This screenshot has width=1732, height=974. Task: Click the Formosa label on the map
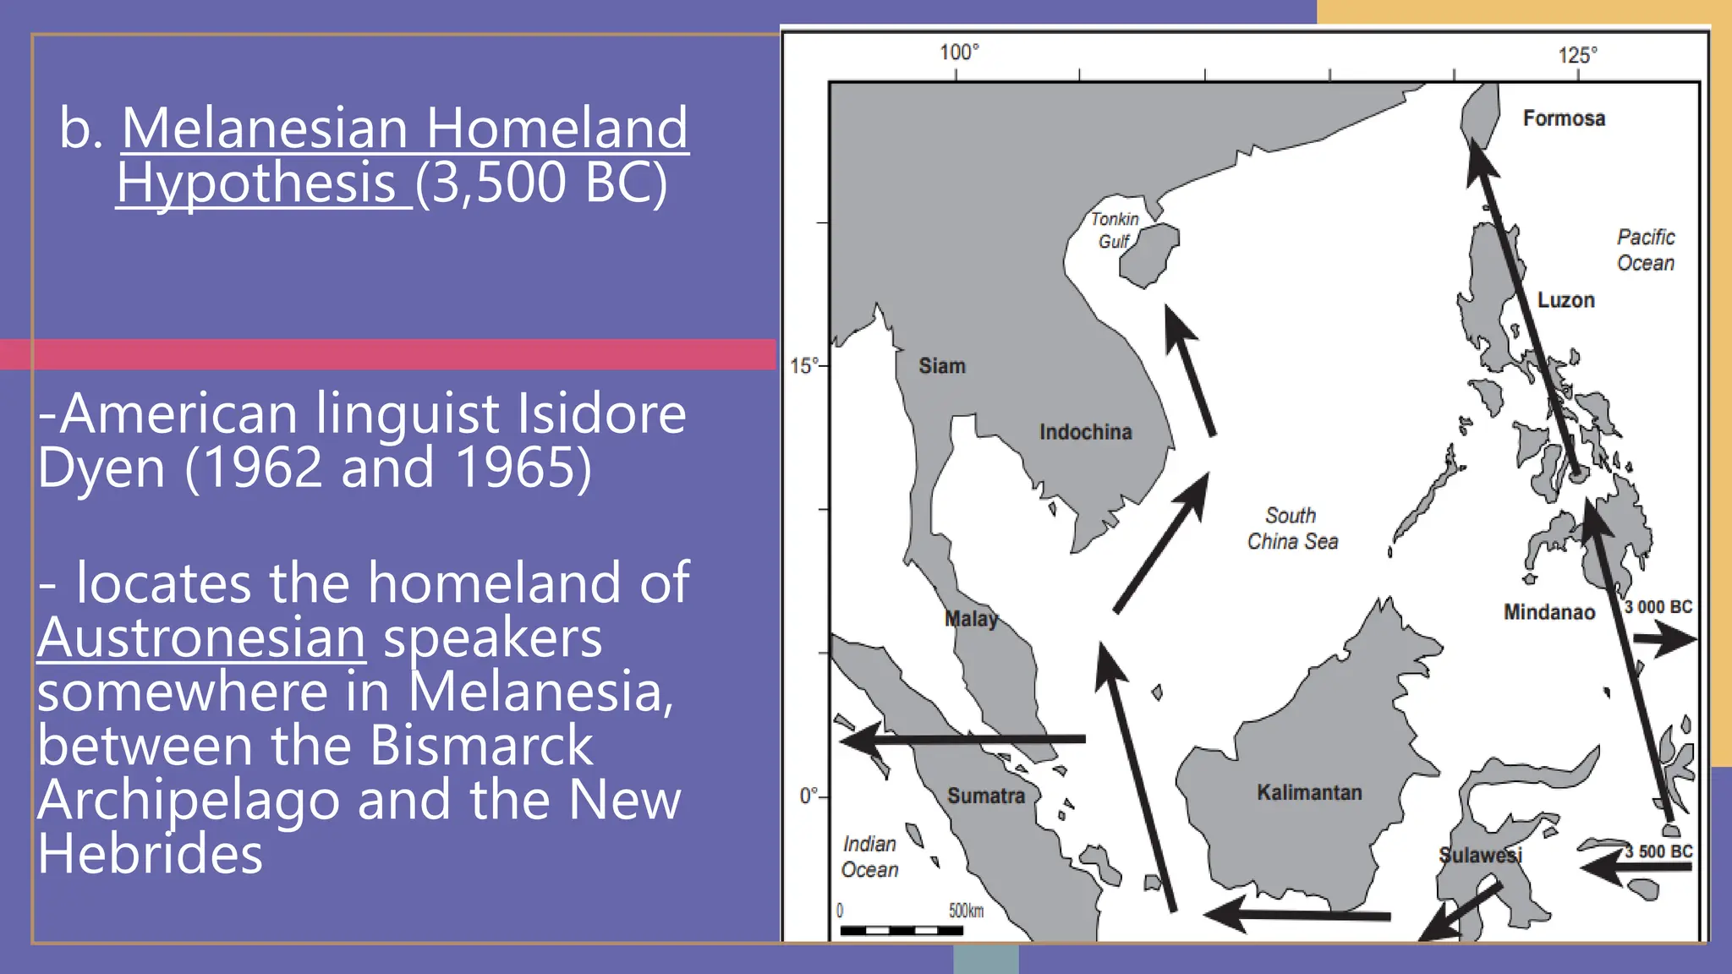coord(1564,118)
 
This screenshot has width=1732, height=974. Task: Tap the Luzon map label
coord(1565,300)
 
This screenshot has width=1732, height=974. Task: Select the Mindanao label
coord(1548,612)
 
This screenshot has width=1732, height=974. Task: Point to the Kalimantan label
coord(1309,792)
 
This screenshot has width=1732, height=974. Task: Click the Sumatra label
coord(985,796)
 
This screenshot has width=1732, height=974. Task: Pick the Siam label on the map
coord(942,366)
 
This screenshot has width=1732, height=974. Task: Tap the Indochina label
coord(1085,432)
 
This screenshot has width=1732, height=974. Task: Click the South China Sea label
coord(1292,528)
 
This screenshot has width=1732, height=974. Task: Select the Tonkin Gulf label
coord(1114,230)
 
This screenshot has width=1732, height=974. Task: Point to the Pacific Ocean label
coord(1646,250)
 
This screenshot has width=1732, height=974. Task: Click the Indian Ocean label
coord(869,856)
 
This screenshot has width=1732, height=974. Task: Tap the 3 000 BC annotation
coord(1658,607)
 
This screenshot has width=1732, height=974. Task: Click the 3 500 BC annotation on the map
coord(1658,851)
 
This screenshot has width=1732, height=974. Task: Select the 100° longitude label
coord(959,52)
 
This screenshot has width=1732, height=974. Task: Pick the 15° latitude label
coord(804,366)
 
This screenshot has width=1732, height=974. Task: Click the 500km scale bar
coord(902,930)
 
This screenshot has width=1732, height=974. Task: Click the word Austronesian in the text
coord(201,637)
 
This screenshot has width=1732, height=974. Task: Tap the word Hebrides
coord(151,854)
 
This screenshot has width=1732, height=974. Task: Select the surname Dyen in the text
coord(101,468)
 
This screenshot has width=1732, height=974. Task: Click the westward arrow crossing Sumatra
coord(964,740)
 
